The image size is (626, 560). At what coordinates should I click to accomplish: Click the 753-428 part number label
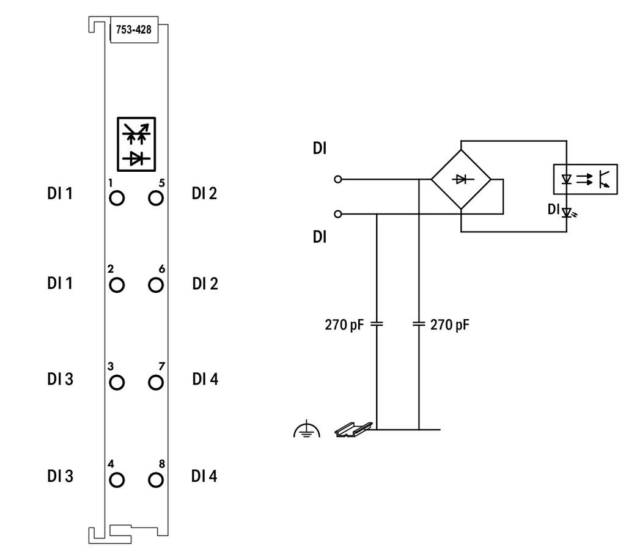134,29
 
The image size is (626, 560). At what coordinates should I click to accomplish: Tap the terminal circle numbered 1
117,198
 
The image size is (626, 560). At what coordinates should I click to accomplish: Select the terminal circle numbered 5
156,198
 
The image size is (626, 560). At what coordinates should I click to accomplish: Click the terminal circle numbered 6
156,285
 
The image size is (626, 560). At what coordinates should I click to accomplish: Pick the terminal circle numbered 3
117,382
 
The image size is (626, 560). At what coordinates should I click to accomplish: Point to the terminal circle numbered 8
156,480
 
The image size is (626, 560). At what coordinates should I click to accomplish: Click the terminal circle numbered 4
117,480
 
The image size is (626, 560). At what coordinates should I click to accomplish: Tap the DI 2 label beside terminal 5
204,194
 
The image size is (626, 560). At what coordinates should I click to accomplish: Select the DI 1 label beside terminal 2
60,284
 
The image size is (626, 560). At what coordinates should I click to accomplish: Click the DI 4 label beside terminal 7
205,379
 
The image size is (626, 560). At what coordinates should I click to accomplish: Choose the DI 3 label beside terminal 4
61,476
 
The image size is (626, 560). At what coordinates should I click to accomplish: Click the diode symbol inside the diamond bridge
461,179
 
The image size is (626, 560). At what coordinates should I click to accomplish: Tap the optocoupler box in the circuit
585,179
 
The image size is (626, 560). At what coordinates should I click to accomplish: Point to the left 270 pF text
344,325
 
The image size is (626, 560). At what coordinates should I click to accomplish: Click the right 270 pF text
449,325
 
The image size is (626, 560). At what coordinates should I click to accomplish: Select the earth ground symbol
307,429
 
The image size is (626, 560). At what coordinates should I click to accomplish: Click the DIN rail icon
353,430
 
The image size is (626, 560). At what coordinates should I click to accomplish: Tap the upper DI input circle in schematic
337,180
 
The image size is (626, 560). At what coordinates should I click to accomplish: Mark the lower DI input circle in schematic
337,215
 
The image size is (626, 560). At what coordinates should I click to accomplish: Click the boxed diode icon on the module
136,144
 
